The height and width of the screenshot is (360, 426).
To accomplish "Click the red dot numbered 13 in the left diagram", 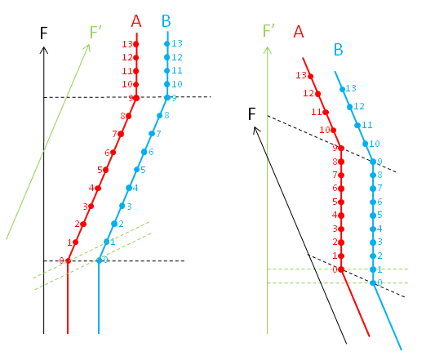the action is [136, 44].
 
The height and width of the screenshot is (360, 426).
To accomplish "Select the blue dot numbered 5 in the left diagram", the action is [137, 170].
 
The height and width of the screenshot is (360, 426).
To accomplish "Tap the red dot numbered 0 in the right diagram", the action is [341, 269].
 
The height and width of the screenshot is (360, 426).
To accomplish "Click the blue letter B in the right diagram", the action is [338, 50].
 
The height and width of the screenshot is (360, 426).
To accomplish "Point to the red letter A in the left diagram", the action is [136, 21].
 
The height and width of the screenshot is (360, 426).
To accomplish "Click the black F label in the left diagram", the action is [44, 33].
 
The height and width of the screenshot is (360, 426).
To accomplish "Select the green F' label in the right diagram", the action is [268, 30].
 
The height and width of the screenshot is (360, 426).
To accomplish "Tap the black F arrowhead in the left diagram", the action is [44, 47].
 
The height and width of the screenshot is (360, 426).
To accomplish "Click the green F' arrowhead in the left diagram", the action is [89, 44].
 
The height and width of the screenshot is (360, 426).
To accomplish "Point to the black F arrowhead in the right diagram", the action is [254, 127].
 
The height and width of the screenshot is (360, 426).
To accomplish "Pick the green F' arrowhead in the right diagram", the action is [268, 47].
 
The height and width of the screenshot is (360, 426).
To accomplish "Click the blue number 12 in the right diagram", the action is [359, 106].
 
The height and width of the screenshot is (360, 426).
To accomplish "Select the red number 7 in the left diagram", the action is [115, 134].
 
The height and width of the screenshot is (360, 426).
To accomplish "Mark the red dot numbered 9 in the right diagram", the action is [341, 149].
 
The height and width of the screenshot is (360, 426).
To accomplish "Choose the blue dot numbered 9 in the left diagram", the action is [167, 98].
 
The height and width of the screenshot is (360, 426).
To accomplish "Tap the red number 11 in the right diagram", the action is [317, 112].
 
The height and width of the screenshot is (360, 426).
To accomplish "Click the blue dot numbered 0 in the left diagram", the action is [99, 260].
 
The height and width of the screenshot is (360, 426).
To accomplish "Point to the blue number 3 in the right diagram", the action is [379, 242].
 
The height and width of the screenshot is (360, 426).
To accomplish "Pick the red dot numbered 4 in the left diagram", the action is [98, 188].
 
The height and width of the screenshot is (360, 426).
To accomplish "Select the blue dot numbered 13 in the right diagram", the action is [343, 89].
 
